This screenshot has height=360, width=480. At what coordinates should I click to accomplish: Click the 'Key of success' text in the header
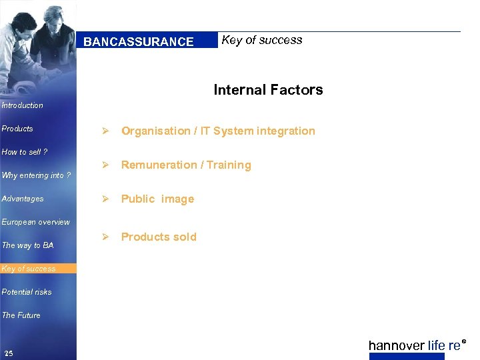(261, 40)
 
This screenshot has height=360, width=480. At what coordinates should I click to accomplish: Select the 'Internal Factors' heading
(268, 90)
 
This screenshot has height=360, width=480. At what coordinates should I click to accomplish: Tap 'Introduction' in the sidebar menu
(22, 105)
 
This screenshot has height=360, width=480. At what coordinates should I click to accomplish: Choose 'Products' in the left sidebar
(17, 129)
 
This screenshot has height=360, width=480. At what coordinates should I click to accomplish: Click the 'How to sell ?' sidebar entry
(25, 152)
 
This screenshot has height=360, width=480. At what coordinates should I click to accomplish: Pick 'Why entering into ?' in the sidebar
(36, 175)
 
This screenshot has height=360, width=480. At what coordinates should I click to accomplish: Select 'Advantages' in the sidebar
(23, 199)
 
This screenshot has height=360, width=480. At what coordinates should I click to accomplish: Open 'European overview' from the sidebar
(35, 222)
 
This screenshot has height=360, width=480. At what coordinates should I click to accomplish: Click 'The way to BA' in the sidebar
(27, 245)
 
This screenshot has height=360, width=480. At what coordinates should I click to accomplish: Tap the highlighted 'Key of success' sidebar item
(29, 269)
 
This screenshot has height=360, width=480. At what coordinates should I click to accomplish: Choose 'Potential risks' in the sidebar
(27, 292)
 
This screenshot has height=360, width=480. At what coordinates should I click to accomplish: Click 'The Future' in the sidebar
(21, 315)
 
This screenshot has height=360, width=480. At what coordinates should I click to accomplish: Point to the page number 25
(8, 353)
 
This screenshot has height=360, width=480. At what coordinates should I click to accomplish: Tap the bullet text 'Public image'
(157, 199)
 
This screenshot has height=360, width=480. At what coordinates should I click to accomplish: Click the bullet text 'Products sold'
(159, 237)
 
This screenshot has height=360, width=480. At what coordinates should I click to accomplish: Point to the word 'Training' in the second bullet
(229, 165)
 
